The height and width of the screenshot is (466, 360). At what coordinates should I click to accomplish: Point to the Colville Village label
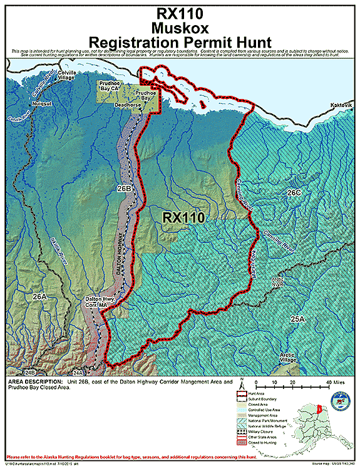pos(62,76)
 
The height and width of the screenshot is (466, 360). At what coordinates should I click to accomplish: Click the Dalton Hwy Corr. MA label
pos(101,303)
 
